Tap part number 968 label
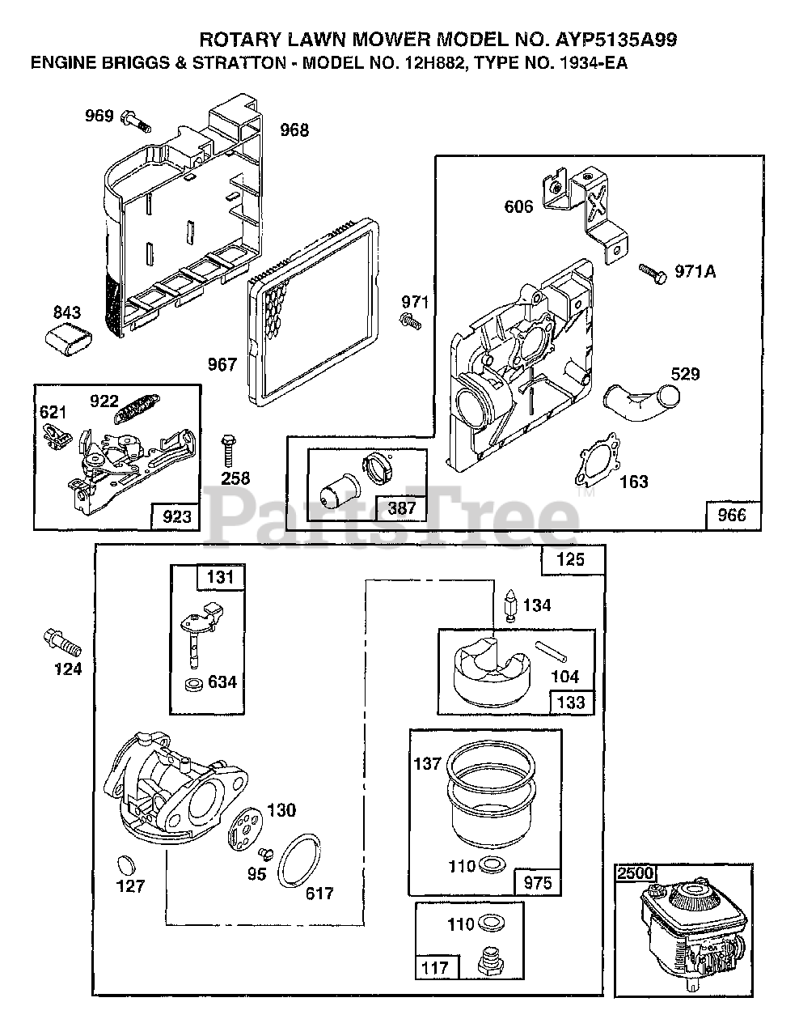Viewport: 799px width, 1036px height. click(x=294, y=129)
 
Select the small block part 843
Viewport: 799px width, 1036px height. click(x=69, y=338)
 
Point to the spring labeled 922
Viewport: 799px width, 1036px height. click(x=137, y=408)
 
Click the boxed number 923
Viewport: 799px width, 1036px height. click(x=176, y=516)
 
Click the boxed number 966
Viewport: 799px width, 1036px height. click(x=732, y=515)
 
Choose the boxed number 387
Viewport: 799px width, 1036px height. click(x=402, y=507)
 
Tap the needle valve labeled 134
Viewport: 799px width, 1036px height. click(x=510, y=605)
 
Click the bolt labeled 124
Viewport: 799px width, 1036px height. click(x=62, y=643)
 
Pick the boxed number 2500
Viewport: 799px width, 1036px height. click(x=636, y=873)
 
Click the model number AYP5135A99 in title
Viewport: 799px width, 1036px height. click(x=616, y=40)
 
